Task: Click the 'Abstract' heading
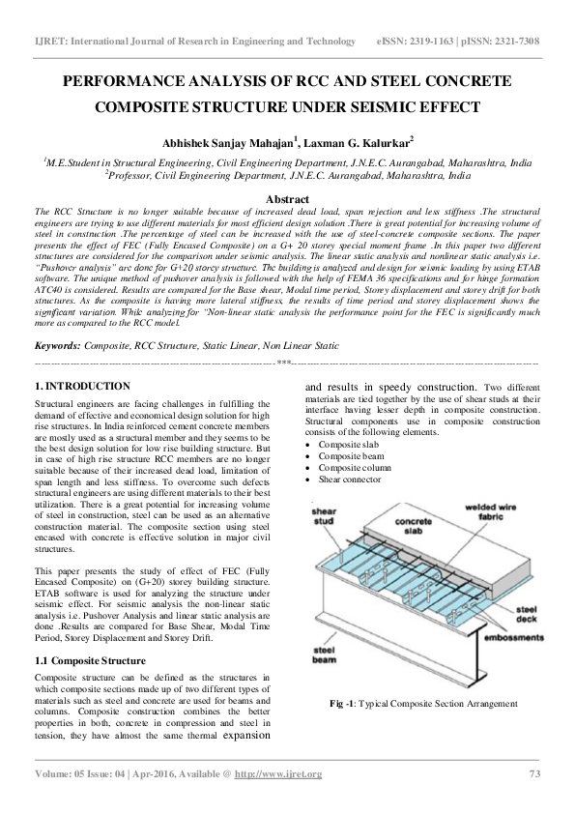point(287,197)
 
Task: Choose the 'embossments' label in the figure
point(505,640)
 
